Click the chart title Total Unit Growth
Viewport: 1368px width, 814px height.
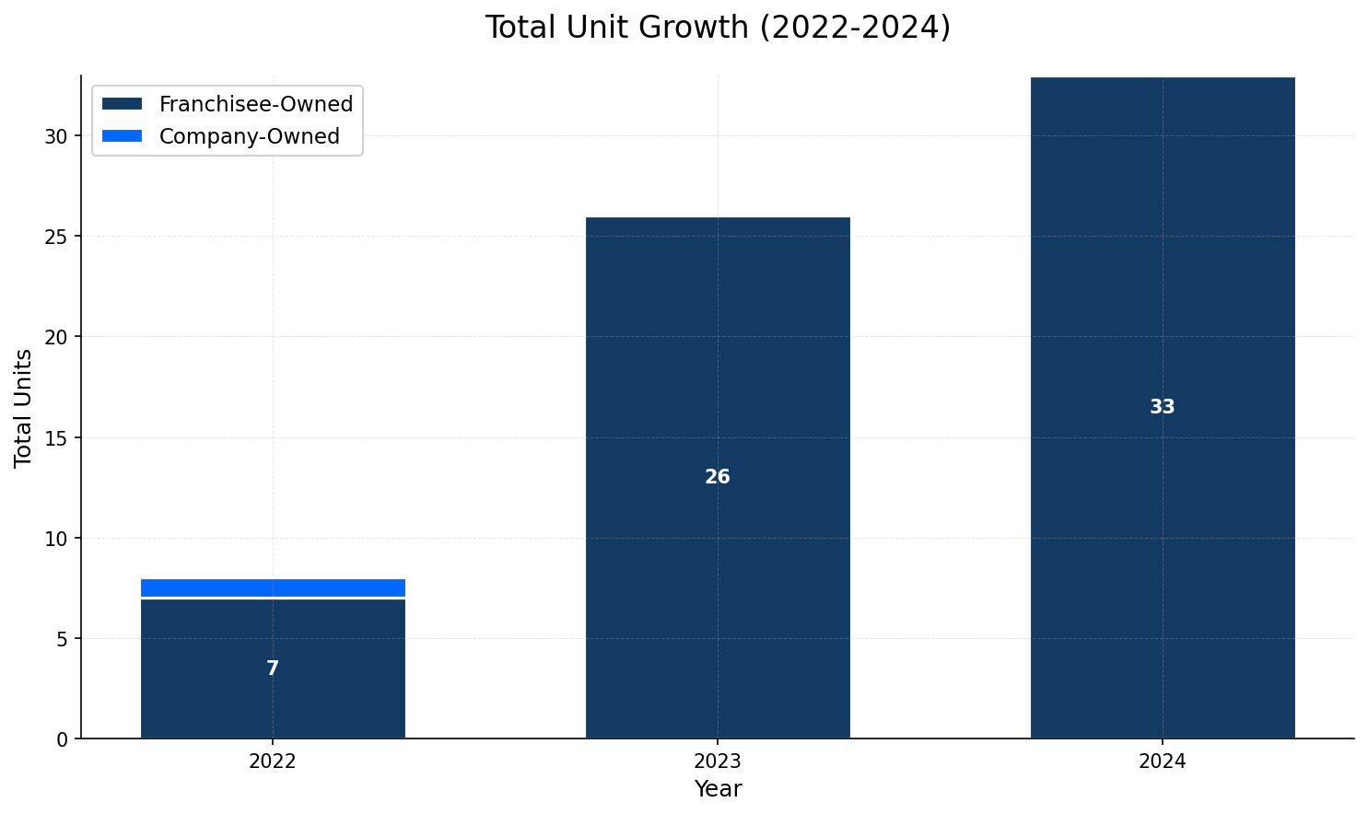coord(718,28)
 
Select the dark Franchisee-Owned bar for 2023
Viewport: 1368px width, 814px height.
coord(718,368)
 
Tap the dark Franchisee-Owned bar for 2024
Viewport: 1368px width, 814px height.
coord(1163,276)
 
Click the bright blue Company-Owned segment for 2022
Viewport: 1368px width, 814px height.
coord(273,587)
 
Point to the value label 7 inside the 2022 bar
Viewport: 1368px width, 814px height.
coord(273,669)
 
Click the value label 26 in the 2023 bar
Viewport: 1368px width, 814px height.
coord(718,477)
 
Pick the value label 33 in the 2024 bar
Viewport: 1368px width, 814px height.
coord(1163,407)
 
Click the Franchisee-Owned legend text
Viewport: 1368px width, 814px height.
coord(256,104)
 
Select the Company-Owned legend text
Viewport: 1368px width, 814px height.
coord(250,136)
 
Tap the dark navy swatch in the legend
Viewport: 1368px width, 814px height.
coord(123,104)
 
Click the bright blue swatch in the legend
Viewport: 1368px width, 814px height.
coord(123,136)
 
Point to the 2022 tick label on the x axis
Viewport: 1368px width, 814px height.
coord(273,762)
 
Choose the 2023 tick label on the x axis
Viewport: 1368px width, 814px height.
coord(718,762)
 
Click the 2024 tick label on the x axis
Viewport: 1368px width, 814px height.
coord(1163,762)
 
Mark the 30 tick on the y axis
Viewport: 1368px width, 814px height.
coord(57,136)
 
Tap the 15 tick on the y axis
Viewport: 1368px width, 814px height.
coord(57,437)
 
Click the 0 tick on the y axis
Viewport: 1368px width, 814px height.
coord(62,739)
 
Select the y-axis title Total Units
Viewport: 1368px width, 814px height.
coord(24,407)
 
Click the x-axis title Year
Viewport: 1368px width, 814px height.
coord(718,789)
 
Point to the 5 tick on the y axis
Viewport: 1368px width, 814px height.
coord(62,639)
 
